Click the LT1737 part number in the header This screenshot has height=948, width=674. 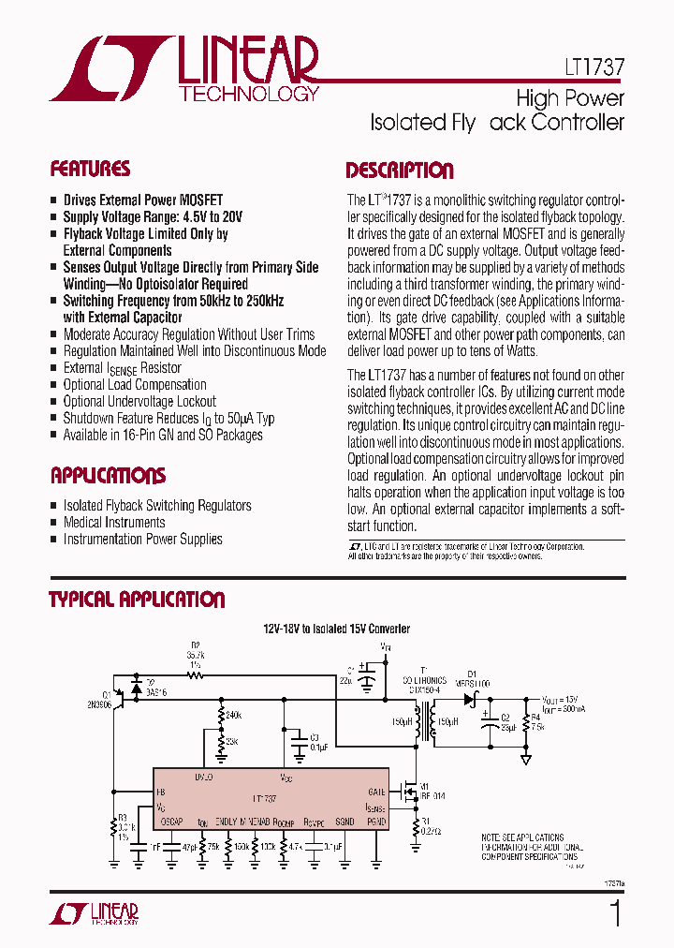(x=594, y=68)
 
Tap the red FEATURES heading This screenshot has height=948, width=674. (x=90, y=170)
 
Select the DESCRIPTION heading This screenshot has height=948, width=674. (x=400, y=170)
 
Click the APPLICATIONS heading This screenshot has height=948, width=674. (x=108, y=475)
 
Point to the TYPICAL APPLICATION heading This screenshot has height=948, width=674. (x=137, y=600)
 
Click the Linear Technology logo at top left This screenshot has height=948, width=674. (x=184, y=68)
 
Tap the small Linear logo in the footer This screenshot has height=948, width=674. (x=102, y=914)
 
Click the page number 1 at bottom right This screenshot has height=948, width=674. (x=615, y=913)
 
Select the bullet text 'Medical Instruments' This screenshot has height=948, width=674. (x=114, y=522)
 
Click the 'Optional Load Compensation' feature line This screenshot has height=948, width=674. (x=135, y=384)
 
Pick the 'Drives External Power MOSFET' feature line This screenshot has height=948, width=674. (x=143, y=200)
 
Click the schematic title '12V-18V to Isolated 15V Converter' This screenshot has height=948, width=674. (x=336, y=630)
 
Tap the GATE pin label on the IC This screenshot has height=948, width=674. (x=377, y=792)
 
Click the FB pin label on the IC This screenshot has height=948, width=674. (x=161, y=792)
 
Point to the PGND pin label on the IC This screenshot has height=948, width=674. (x=374, y=822)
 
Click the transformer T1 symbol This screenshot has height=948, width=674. (x=432, y=722)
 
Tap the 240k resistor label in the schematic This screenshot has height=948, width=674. (x=233, y=714)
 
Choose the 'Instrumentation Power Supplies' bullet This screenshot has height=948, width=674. (x=142, y=539)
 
